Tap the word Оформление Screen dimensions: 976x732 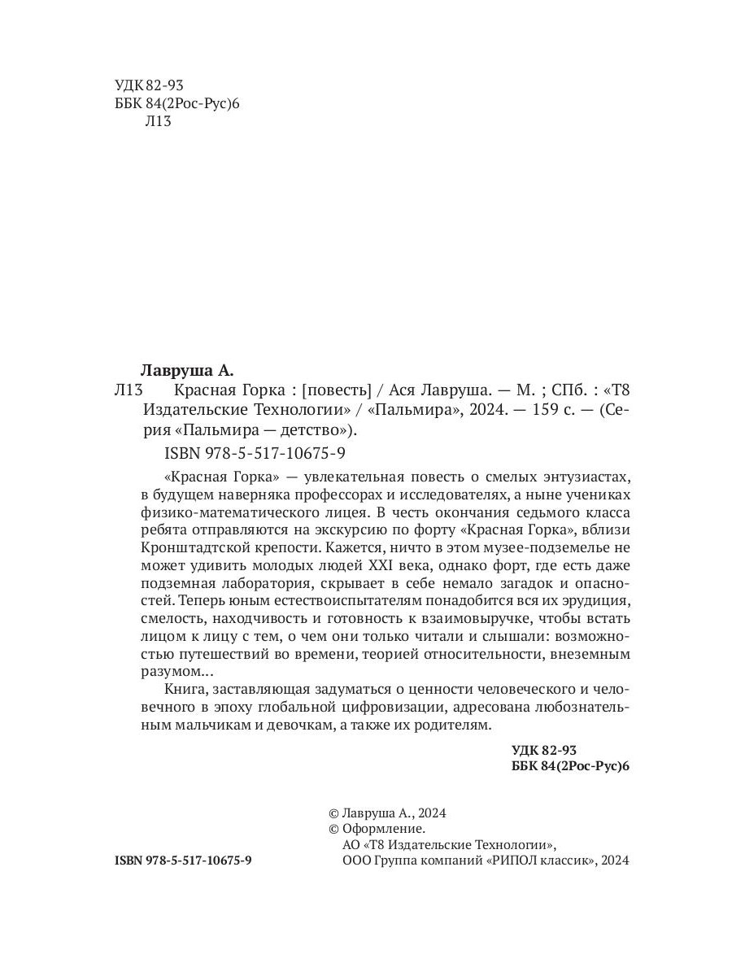click(383, 829)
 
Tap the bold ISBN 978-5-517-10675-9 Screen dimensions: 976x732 click(184, 860)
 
